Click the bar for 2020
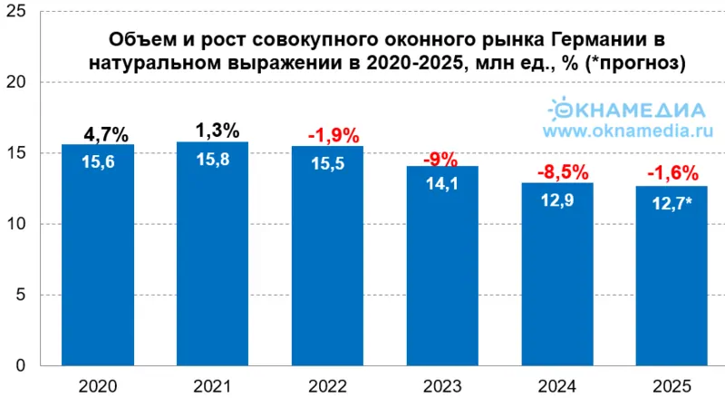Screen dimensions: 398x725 click(x=97, y=263)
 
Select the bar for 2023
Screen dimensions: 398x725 click(x=442, y=272)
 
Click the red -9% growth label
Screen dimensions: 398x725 click(x=442, y=160)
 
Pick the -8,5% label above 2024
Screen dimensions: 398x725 click(x=557, y=172)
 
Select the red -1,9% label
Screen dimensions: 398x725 click(x=327, y=136)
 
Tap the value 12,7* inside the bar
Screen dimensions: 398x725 click(x=672, y=204)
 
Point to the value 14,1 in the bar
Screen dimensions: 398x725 click(x=442, y=184)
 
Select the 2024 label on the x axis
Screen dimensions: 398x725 click(x=557, y=385)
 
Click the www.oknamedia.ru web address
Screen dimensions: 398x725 click(x=624, y=131)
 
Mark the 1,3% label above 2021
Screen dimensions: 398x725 click(x=217, y=131)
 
